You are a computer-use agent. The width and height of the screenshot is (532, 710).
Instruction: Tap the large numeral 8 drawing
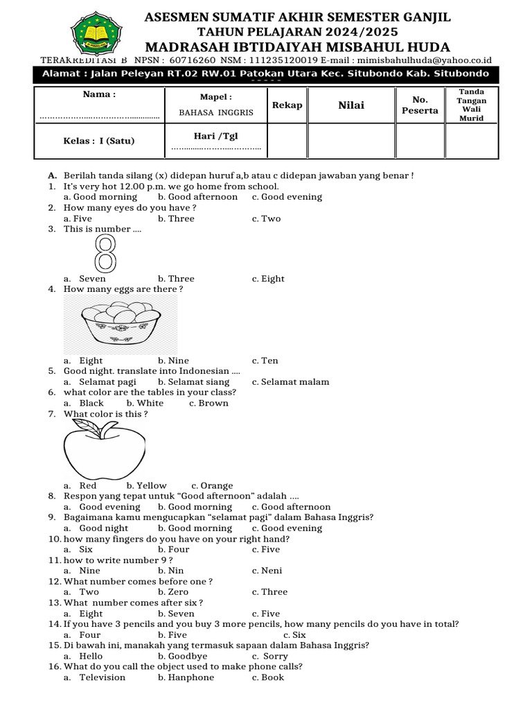(105, 253)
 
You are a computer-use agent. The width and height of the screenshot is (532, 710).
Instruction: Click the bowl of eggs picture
(120, 324)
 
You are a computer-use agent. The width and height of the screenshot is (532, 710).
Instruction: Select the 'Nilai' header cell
(351, 105)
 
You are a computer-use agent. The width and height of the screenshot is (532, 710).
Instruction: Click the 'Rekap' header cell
(287, 105)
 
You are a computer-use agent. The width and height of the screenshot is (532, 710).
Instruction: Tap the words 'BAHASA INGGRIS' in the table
(216, 112)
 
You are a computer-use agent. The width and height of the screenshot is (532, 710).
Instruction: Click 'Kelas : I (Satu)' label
(98, 141)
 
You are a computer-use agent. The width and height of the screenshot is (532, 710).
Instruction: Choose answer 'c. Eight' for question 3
(268, 279)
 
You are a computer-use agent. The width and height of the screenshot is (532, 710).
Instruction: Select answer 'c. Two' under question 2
(266, 218)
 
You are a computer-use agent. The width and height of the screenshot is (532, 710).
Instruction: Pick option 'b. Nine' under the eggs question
(173, 361)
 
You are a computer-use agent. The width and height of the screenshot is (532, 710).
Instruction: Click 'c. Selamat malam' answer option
(290, 382)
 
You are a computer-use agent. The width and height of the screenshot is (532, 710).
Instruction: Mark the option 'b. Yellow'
(147, 486)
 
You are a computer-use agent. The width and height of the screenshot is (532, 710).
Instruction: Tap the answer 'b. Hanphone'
(186, 677)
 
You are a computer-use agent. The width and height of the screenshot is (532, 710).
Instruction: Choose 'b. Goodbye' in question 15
(182, 656)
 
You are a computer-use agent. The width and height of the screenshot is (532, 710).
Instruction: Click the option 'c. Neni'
(266, 571)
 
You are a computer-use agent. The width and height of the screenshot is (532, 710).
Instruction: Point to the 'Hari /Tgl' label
(215, 136)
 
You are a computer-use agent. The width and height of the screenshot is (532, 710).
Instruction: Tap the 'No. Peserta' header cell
(420, 105)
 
